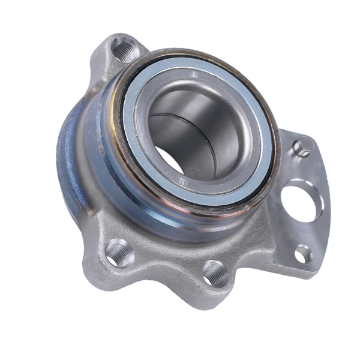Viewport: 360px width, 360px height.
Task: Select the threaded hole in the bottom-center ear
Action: [x=214, y=273]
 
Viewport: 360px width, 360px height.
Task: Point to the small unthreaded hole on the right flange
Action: [x=304, y=254]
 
